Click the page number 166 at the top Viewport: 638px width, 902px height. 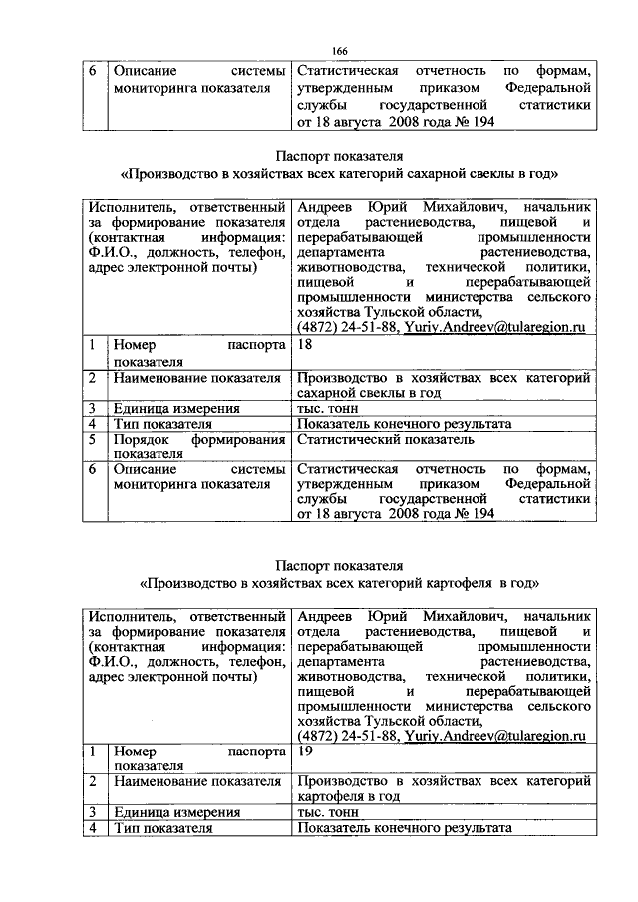pos(339,51)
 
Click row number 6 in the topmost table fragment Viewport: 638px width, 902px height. pos(91,72)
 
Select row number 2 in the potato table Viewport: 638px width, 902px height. pos(91,782)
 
